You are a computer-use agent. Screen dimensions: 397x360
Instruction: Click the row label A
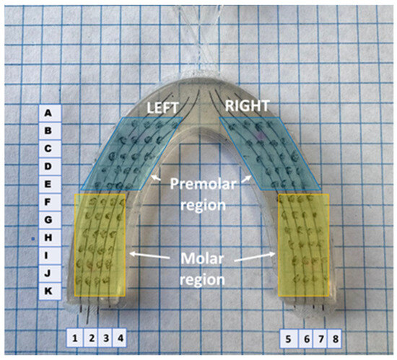pyautogui.click(x=48, y=113)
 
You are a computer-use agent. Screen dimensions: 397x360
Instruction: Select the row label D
pyautogui.click(x=48, y=167)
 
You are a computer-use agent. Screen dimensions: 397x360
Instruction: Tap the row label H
pyautogui.click(x=48, y=237)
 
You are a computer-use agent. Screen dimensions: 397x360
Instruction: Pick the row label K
pyautogui.click(x=48, y=291)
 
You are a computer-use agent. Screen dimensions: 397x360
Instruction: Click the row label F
pyautogui.click(x=48, y=202)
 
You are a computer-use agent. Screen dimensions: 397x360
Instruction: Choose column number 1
pyautogui.click(x=74, y=338)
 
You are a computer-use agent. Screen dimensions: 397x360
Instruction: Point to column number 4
pyautogui.click(x=121, y=338)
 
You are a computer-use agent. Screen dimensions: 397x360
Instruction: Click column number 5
pyautogui.click(x=288, y=339)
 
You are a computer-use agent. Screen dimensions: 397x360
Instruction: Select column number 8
pyautogui.click(x=335, y=339)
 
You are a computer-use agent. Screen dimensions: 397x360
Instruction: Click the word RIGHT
pyautogui.click(x=247, y=106)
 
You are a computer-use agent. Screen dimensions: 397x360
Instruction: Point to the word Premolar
pyautogui.click(x=203, y=184)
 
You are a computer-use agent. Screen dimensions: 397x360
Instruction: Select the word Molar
pyautogui.click(x=202, y=258)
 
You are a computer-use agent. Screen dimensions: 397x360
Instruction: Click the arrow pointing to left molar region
pyautogui.click(x=149, y=255)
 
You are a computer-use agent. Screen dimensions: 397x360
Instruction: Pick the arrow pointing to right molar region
pyautogui.click(x=255, y=258)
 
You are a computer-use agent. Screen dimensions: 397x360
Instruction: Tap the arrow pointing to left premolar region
pyautogui.click(x=156, y=177)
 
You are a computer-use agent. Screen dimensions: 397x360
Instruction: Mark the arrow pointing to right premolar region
pyautogui.click(x=246, y=179)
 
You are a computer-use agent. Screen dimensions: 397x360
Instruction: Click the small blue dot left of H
pyautogui.click(x=32, y=238)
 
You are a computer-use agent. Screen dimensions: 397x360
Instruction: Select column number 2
pyautogui.click(x=92, y=338)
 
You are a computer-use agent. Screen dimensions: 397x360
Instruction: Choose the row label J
pyautogui.click(x=48, y=273)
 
